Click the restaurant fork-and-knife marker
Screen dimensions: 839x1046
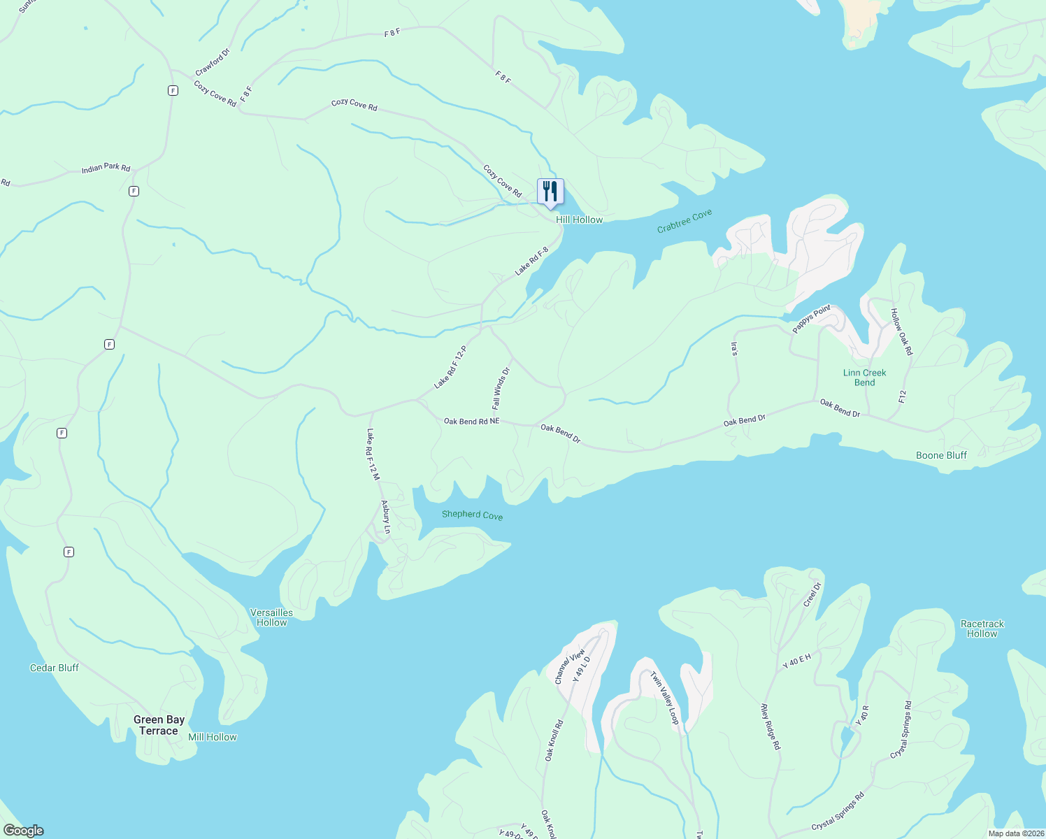click(x=550, y=191)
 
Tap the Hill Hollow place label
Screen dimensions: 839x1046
click(x=579, y=220)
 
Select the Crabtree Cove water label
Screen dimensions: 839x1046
click(x=685, y=221)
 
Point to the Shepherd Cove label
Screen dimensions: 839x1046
click(x=472, y=515)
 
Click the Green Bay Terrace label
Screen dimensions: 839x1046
click(x=159, y=725)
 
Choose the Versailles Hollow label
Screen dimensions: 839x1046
click(x=272, y=617)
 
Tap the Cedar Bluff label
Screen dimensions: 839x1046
click(x=55, y=668)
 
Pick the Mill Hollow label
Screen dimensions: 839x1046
click(x=213, y=737)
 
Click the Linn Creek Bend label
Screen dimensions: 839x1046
click(x=864, y=378)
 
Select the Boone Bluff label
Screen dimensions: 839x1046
click(x=941, y=455)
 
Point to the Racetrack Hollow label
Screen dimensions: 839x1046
click(x=982, y=629)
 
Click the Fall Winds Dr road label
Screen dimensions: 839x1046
click(x=501, y=388)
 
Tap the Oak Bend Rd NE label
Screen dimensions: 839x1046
click(x=472, y=421)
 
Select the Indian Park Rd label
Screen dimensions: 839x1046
click(x=106, y=168)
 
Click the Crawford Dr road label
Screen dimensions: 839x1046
click(x=212, y=62)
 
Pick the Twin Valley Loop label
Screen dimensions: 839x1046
click(x=665, y=698)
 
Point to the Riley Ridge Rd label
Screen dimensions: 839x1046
click(x=770, y=726)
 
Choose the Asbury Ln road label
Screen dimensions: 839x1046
click(x=385, y=517)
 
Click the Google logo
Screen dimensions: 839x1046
click(x=24, y=831)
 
